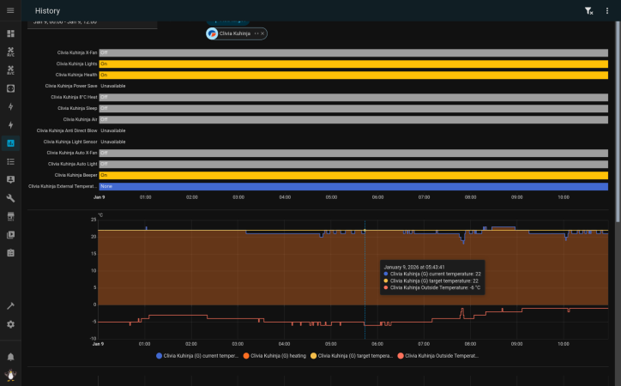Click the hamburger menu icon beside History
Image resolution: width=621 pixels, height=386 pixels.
pyautogui.click(x=11, y=10)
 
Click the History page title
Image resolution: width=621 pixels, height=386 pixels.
pyautogui.click(x=48, y=10)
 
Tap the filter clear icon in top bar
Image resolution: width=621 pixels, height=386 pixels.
pyautogui.click(x=588, y=10)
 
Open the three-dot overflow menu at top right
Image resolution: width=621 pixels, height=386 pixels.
pyautogui.click(x=607, y=10)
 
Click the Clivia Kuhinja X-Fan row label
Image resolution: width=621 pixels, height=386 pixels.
pyautogui.click(x=77, y=52)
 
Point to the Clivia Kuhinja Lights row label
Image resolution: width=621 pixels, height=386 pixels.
pyautogui.click(x=77, y=63)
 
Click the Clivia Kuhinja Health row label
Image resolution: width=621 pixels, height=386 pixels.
pyautogui.click(x=76, y=75)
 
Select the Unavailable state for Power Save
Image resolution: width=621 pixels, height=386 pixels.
pyautogui.click(x=112, y=86)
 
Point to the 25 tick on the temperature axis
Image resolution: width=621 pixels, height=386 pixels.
pyautogui.click(x=93, y=220)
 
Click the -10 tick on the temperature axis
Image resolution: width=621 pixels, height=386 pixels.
pyautogui.click(x=93, y=338)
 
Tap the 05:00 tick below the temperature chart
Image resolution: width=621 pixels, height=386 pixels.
pyautogui.click(x=331, y=344)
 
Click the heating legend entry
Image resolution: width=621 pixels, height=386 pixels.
pyautogui.click(x=274, y=355)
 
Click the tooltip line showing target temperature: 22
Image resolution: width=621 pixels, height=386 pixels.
pyautogui.click(x=434, y=280)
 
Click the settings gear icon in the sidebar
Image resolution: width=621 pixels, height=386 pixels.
pyautogui.click(x=11, y=324)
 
